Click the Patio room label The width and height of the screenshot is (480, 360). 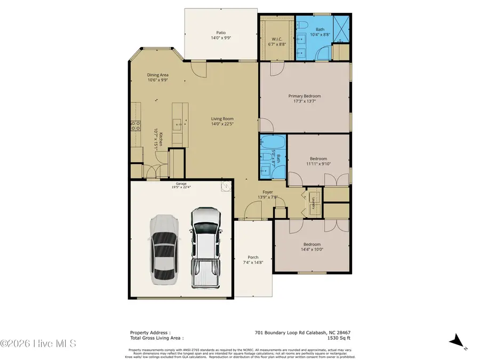[221, 35]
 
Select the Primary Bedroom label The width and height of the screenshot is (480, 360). [305, 99]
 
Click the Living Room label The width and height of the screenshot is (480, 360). [222, 122]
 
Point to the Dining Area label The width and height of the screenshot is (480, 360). [158, 78]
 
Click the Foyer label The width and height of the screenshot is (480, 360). [268, 194]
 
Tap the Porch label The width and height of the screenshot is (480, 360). [253, 260]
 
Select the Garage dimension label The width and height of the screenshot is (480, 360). [181, 185]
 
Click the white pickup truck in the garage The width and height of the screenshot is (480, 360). [205, 246]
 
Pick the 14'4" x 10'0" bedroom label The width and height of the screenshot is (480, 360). [312, 246]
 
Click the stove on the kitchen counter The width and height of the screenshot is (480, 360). [135, 126]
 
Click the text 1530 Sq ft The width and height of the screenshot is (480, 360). [340, 338]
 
